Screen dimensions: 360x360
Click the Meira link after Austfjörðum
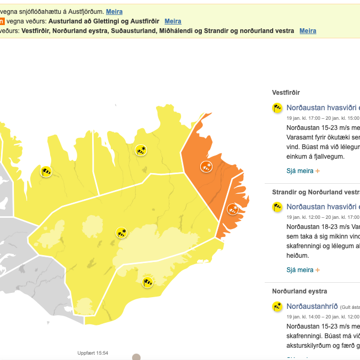114,11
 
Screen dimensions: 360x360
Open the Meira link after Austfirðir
173,21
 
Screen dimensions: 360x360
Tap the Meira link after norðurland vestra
308,30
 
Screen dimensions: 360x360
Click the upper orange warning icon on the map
206,167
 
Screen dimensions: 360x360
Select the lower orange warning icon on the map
233,209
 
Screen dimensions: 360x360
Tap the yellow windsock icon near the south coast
148,282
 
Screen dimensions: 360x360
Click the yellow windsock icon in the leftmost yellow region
47,171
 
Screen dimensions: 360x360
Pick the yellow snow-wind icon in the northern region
141,150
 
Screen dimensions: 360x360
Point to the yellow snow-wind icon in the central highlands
122,233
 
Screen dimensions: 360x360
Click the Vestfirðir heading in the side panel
286,92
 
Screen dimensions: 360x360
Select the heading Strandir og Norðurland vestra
316,192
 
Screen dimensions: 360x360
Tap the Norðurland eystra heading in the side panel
299,291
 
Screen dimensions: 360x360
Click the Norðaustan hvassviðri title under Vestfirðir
323,108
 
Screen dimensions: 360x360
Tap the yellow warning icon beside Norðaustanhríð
277,306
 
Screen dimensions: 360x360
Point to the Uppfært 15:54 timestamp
93,353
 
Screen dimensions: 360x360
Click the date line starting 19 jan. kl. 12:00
323,217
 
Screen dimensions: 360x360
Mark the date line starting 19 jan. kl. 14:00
323,316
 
